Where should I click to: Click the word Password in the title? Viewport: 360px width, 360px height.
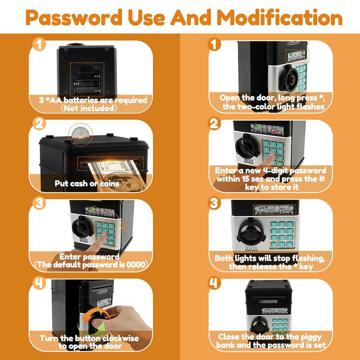point(74,18)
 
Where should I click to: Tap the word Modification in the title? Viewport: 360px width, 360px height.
point(280,17)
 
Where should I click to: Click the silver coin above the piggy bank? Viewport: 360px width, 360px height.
point(81,133)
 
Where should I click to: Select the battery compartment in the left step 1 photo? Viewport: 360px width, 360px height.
point(87,79)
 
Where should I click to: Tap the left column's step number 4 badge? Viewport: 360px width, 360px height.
point(39,283)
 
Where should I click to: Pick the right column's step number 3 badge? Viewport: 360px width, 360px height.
point(214,203)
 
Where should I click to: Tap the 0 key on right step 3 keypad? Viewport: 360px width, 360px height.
point(282,245)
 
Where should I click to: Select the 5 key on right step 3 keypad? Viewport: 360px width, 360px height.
point(282,231)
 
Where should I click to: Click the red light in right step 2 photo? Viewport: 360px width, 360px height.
point(274,132)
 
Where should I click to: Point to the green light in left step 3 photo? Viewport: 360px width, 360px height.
point(94,209)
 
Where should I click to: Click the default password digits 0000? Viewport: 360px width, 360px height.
point(136,265)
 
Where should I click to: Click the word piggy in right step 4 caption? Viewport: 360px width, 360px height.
point(310,337)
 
